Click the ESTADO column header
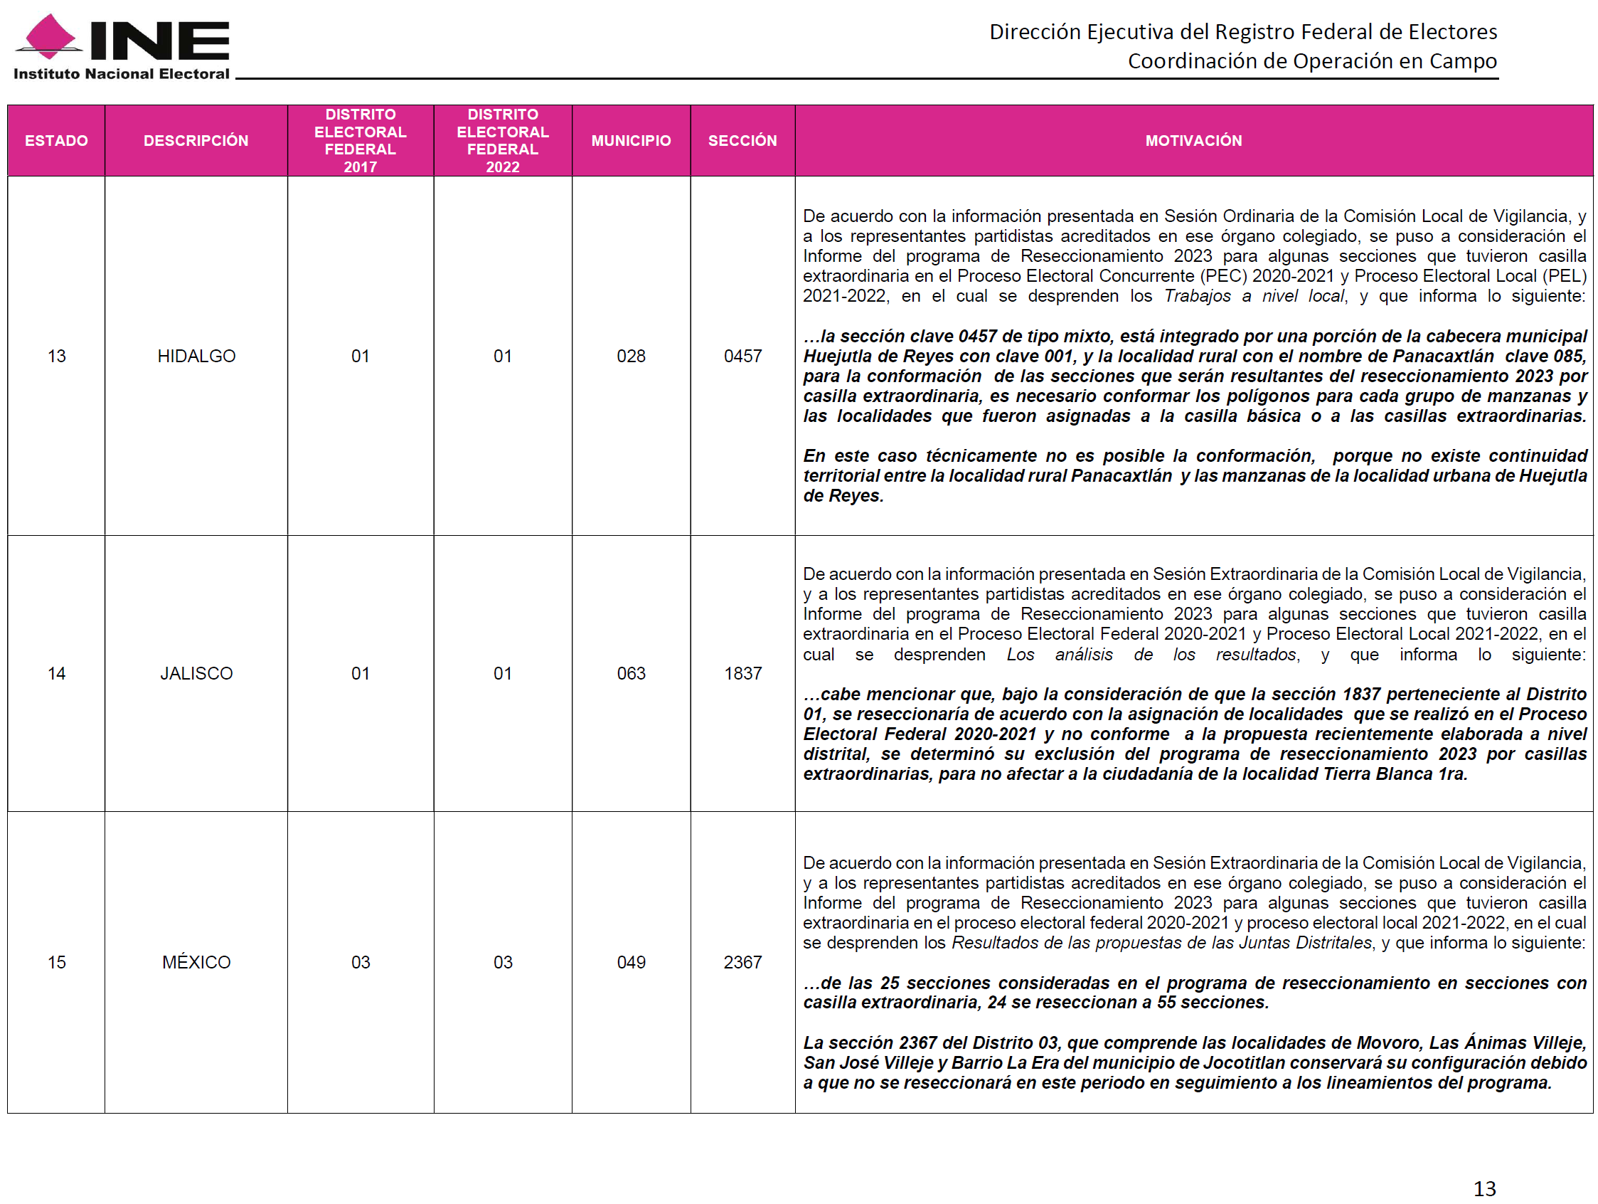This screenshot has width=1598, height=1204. tap(56, 140)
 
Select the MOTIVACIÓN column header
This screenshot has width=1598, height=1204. tap(1193, 140)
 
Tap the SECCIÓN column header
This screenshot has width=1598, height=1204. tap(742, 140)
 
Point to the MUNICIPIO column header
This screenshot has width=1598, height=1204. tap(631, 140)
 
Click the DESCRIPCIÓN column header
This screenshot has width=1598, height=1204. tap(196, 140)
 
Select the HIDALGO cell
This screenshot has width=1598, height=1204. tap(196, 357)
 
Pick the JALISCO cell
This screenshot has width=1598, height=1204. tap(196, 674)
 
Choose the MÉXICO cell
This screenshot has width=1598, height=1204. tap(196, 963)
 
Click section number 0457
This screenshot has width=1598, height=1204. tap(742, 357)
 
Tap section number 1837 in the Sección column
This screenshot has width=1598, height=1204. tap(742, 674)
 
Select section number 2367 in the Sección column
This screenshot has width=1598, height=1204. tap(742, 963)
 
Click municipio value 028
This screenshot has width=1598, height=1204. tap(631, 357)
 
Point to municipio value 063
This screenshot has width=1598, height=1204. tap(631, 674)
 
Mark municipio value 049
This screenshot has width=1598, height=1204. tap(631, 963)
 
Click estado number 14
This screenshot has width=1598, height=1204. tap(56, 674)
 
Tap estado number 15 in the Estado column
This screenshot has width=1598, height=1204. tap(56, 963)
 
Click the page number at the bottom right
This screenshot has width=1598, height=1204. tap(1485, 1188)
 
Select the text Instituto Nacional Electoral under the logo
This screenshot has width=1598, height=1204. tap(122, 74)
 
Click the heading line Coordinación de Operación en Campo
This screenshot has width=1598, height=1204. tap(1312, 61)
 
